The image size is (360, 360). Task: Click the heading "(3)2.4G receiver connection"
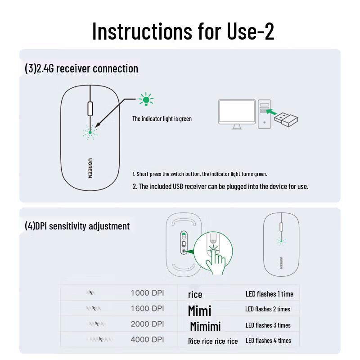(81, 68)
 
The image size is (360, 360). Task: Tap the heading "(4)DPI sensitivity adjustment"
(77, 226)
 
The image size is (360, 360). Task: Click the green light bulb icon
(146, 99)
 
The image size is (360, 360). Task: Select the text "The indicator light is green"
(162, 119)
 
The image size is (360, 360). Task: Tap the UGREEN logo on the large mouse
(90, 167)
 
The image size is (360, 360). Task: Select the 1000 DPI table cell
(147, 293)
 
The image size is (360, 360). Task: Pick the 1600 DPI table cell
(147, 309)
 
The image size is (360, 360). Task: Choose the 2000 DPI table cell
(147, 324)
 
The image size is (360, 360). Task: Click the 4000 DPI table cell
(147, 339)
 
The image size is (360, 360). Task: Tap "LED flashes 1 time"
(269, 294)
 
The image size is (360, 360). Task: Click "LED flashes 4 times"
(268, 340)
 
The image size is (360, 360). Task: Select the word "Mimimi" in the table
(205, 326)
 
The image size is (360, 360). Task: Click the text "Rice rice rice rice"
(213, 341)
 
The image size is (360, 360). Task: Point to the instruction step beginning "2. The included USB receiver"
(220, 186)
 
